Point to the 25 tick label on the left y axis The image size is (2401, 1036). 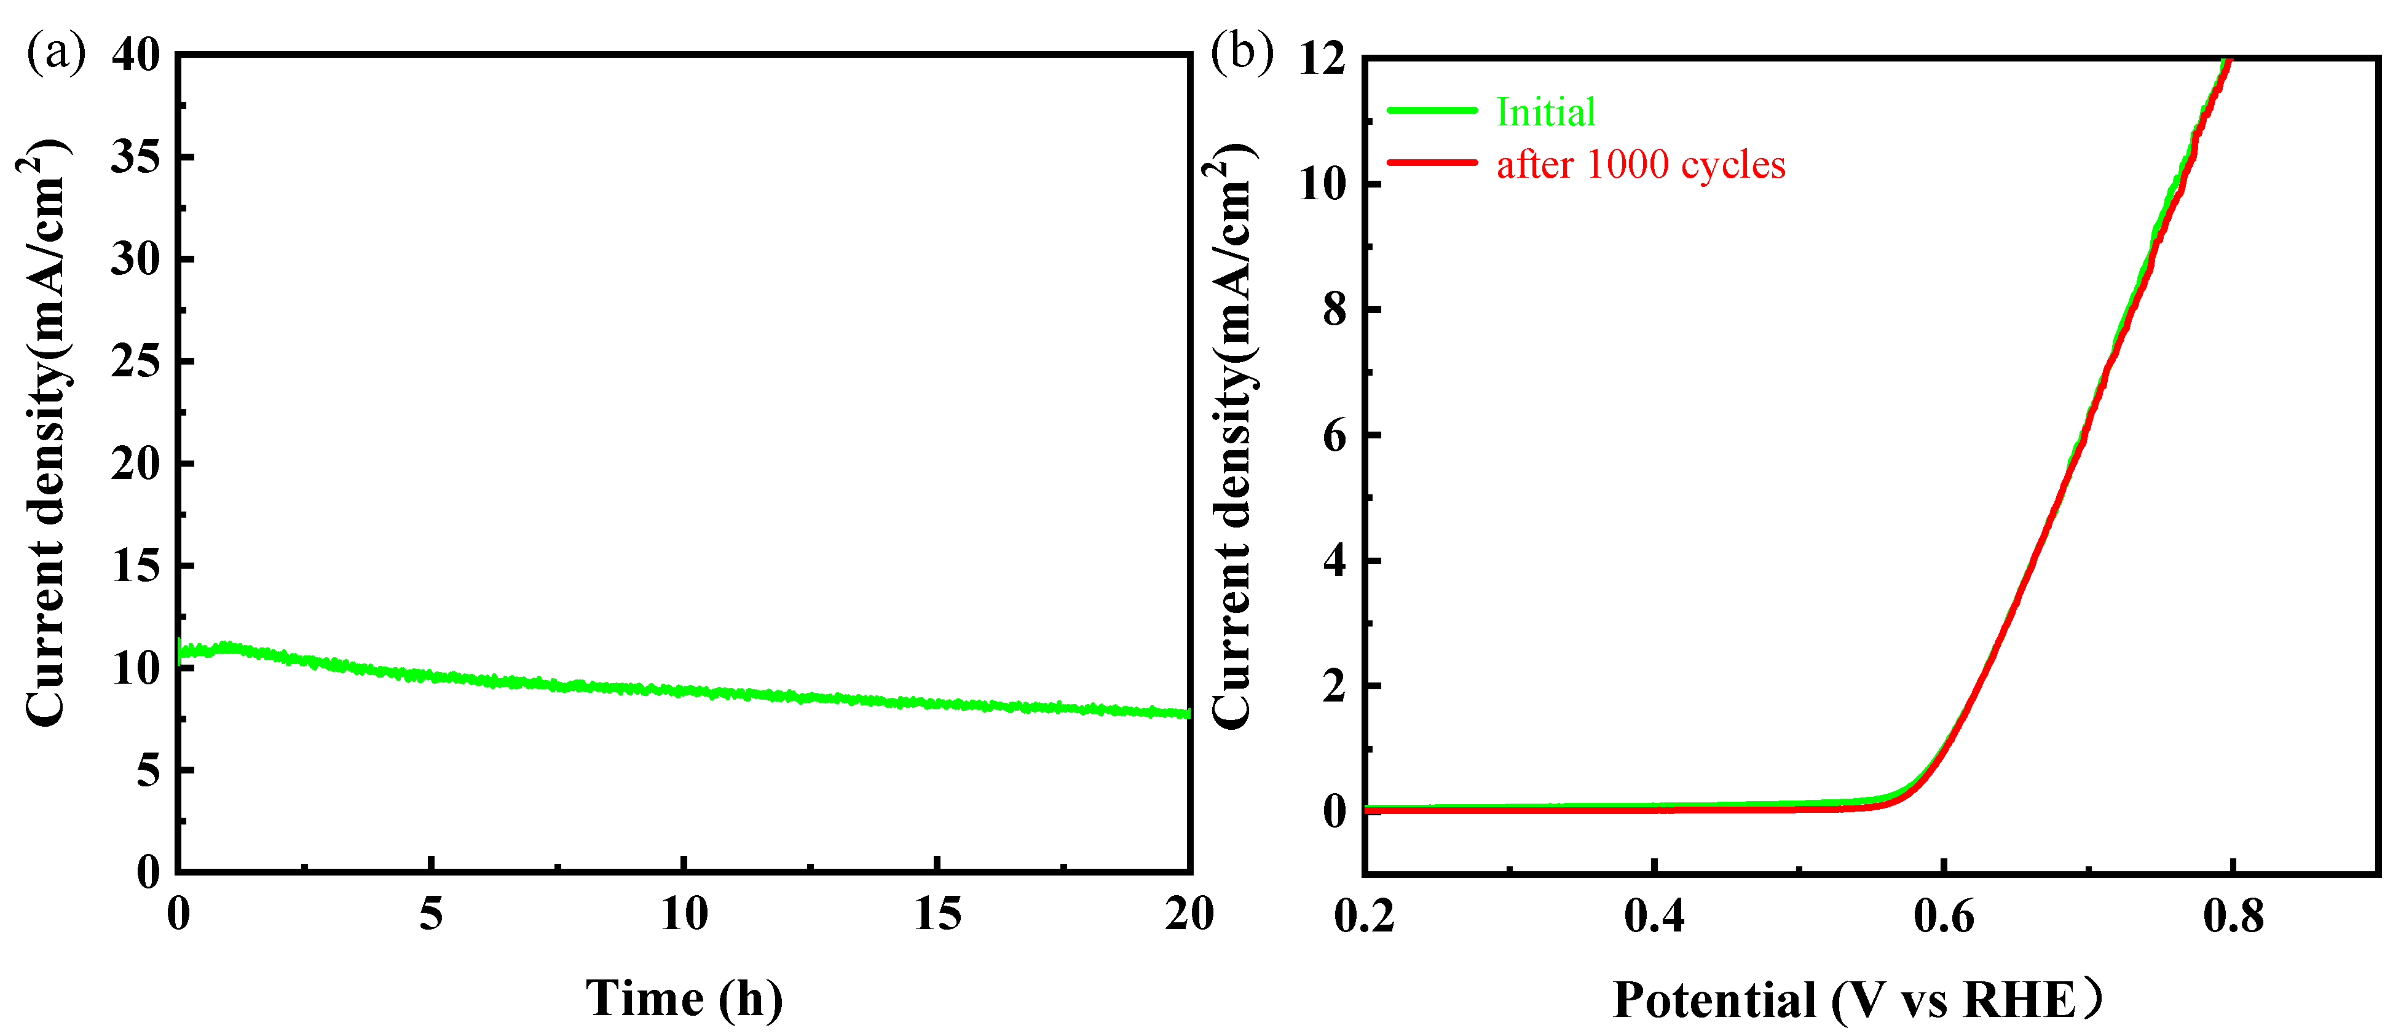point(136,362)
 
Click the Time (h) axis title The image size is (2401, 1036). point(684,998)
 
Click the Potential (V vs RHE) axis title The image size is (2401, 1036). point(1858,1000)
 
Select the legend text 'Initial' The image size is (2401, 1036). point(1545,113)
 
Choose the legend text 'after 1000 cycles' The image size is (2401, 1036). point(1641,165)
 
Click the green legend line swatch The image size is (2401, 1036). point(1433,111)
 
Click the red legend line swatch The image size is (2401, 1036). point(1433,163)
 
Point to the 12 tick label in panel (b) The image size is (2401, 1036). point(1323,60)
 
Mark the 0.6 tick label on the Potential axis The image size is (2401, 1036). point(1943,917)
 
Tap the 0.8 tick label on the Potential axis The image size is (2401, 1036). point(2233,917)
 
